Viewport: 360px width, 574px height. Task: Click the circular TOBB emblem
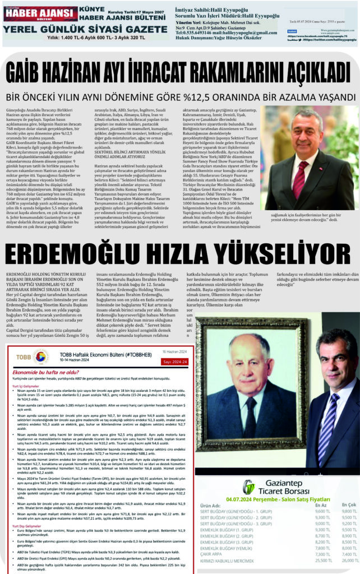point(41,357)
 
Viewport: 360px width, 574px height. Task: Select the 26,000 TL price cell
point(348,560)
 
